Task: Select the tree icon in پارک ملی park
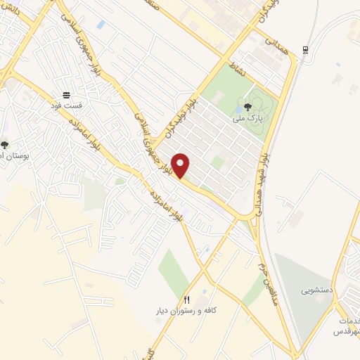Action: [247, 108]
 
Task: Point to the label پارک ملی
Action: [249, 118]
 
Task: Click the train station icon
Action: [304, 49]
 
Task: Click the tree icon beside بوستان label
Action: [5, 145]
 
